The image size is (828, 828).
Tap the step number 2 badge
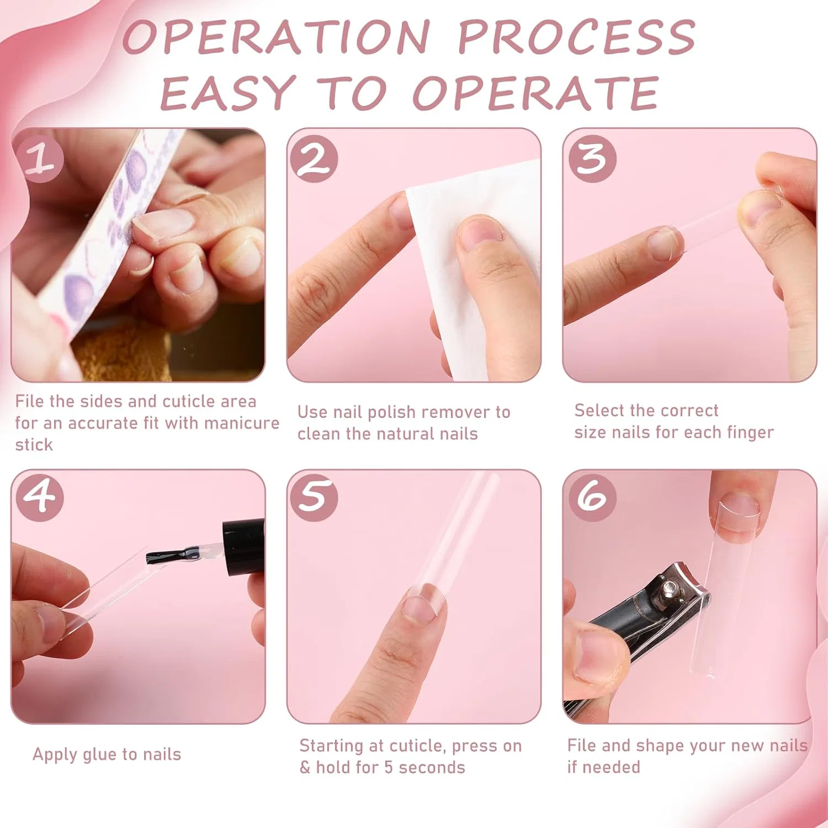314,159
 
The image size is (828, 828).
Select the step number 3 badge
592,159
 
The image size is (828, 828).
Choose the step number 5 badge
314,497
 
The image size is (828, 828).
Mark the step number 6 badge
592,497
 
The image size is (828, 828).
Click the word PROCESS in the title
576,38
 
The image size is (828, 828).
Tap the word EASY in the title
227,92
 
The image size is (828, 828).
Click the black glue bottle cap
243,547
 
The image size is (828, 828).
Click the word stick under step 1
34,445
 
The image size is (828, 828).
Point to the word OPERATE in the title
535,92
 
